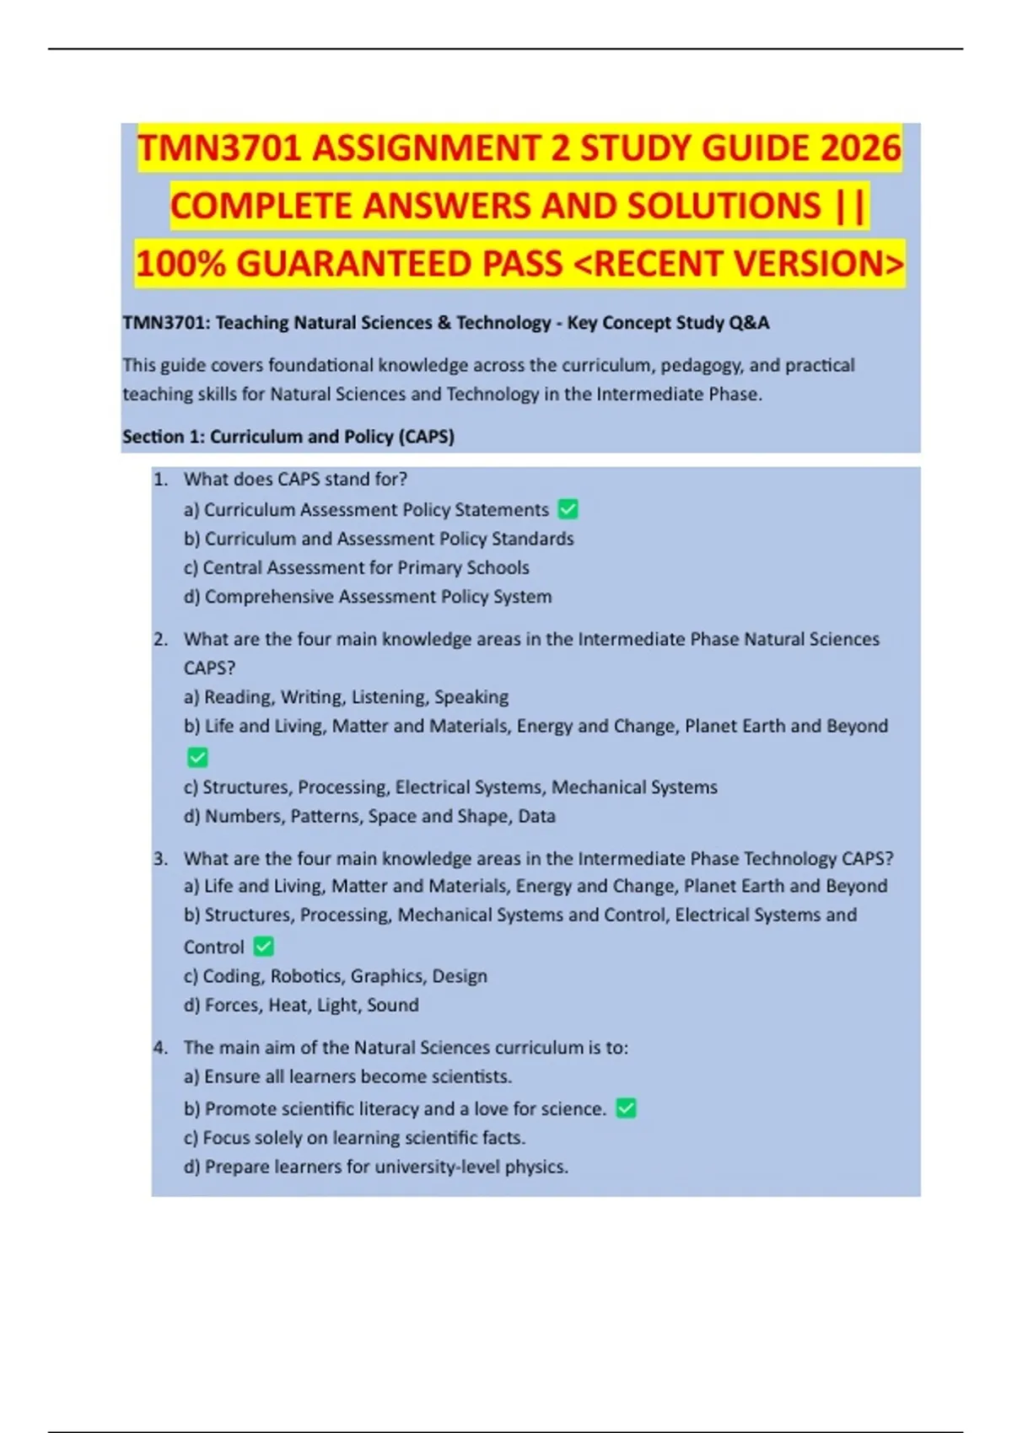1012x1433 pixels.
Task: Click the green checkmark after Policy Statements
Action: coord(568,509)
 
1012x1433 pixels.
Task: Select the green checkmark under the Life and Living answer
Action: coord(197,757)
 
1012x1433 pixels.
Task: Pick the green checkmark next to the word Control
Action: coord(264,947)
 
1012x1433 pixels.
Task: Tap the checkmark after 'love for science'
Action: coord(626,1108)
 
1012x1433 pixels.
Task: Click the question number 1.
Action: coord(160,479)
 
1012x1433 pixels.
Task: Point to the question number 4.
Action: coord(160,1047)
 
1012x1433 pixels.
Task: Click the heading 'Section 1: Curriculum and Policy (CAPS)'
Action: coord(288,437)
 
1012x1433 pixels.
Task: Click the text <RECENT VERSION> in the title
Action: coord(739,264)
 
